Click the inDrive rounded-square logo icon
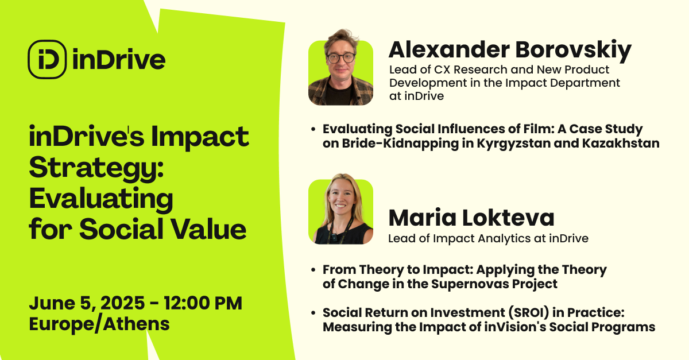(47, 59)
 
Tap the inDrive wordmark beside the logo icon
(119, 59)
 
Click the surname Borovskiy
(574, 51)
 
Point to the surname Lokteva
(508, 217)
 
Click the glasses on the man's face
(340, 57)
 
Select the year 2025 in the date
(122, 303)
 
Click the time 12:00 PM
(203, 303)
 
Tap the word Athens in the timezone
(136, 324)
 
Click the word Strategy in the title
(96, 168)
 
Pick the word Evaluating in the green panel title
(101, 200)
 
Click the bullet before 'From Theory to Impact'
(313, 270)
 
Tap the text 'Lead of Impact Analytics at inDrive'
(488, 238)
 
